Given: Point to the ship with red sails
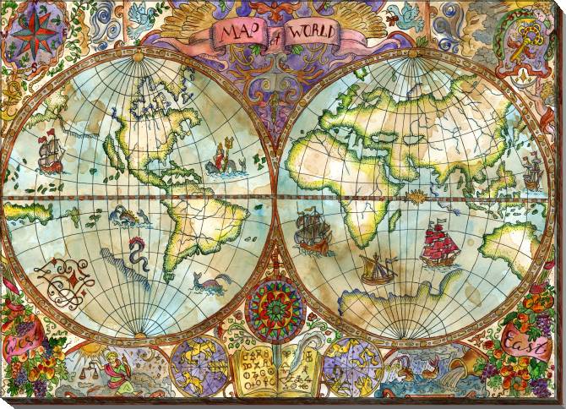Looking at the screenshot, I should [438, 244].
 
